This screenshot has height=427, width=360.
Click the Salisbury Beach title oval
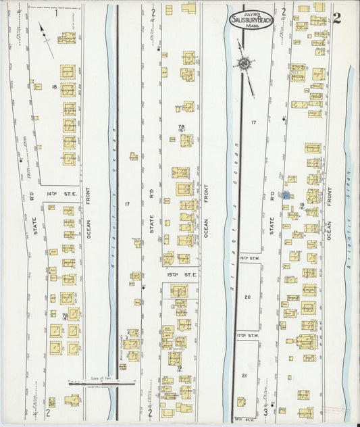point(252,20)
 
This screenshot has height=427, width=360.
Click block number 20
point(247,297)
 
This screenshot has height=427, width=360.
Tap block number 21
point(246,375)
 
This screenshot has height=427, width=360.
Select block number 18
point(54,87)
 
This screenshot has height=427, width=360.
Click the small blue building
point(286,195)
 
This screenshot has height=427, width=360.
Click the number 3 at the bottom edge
point(265,411)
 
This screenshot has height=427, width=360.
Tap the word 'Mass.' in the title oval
point(252,26)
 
